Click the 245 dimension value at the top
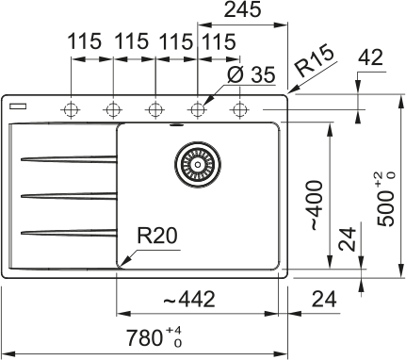(242, 11)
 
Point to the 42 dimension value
(372, 58)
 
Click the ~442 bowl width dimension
(188, 300)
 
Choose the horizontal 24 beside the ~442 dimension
(323, 300)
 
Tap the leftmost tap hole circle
(71, 108)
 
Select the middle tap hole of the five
(154, 108)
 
